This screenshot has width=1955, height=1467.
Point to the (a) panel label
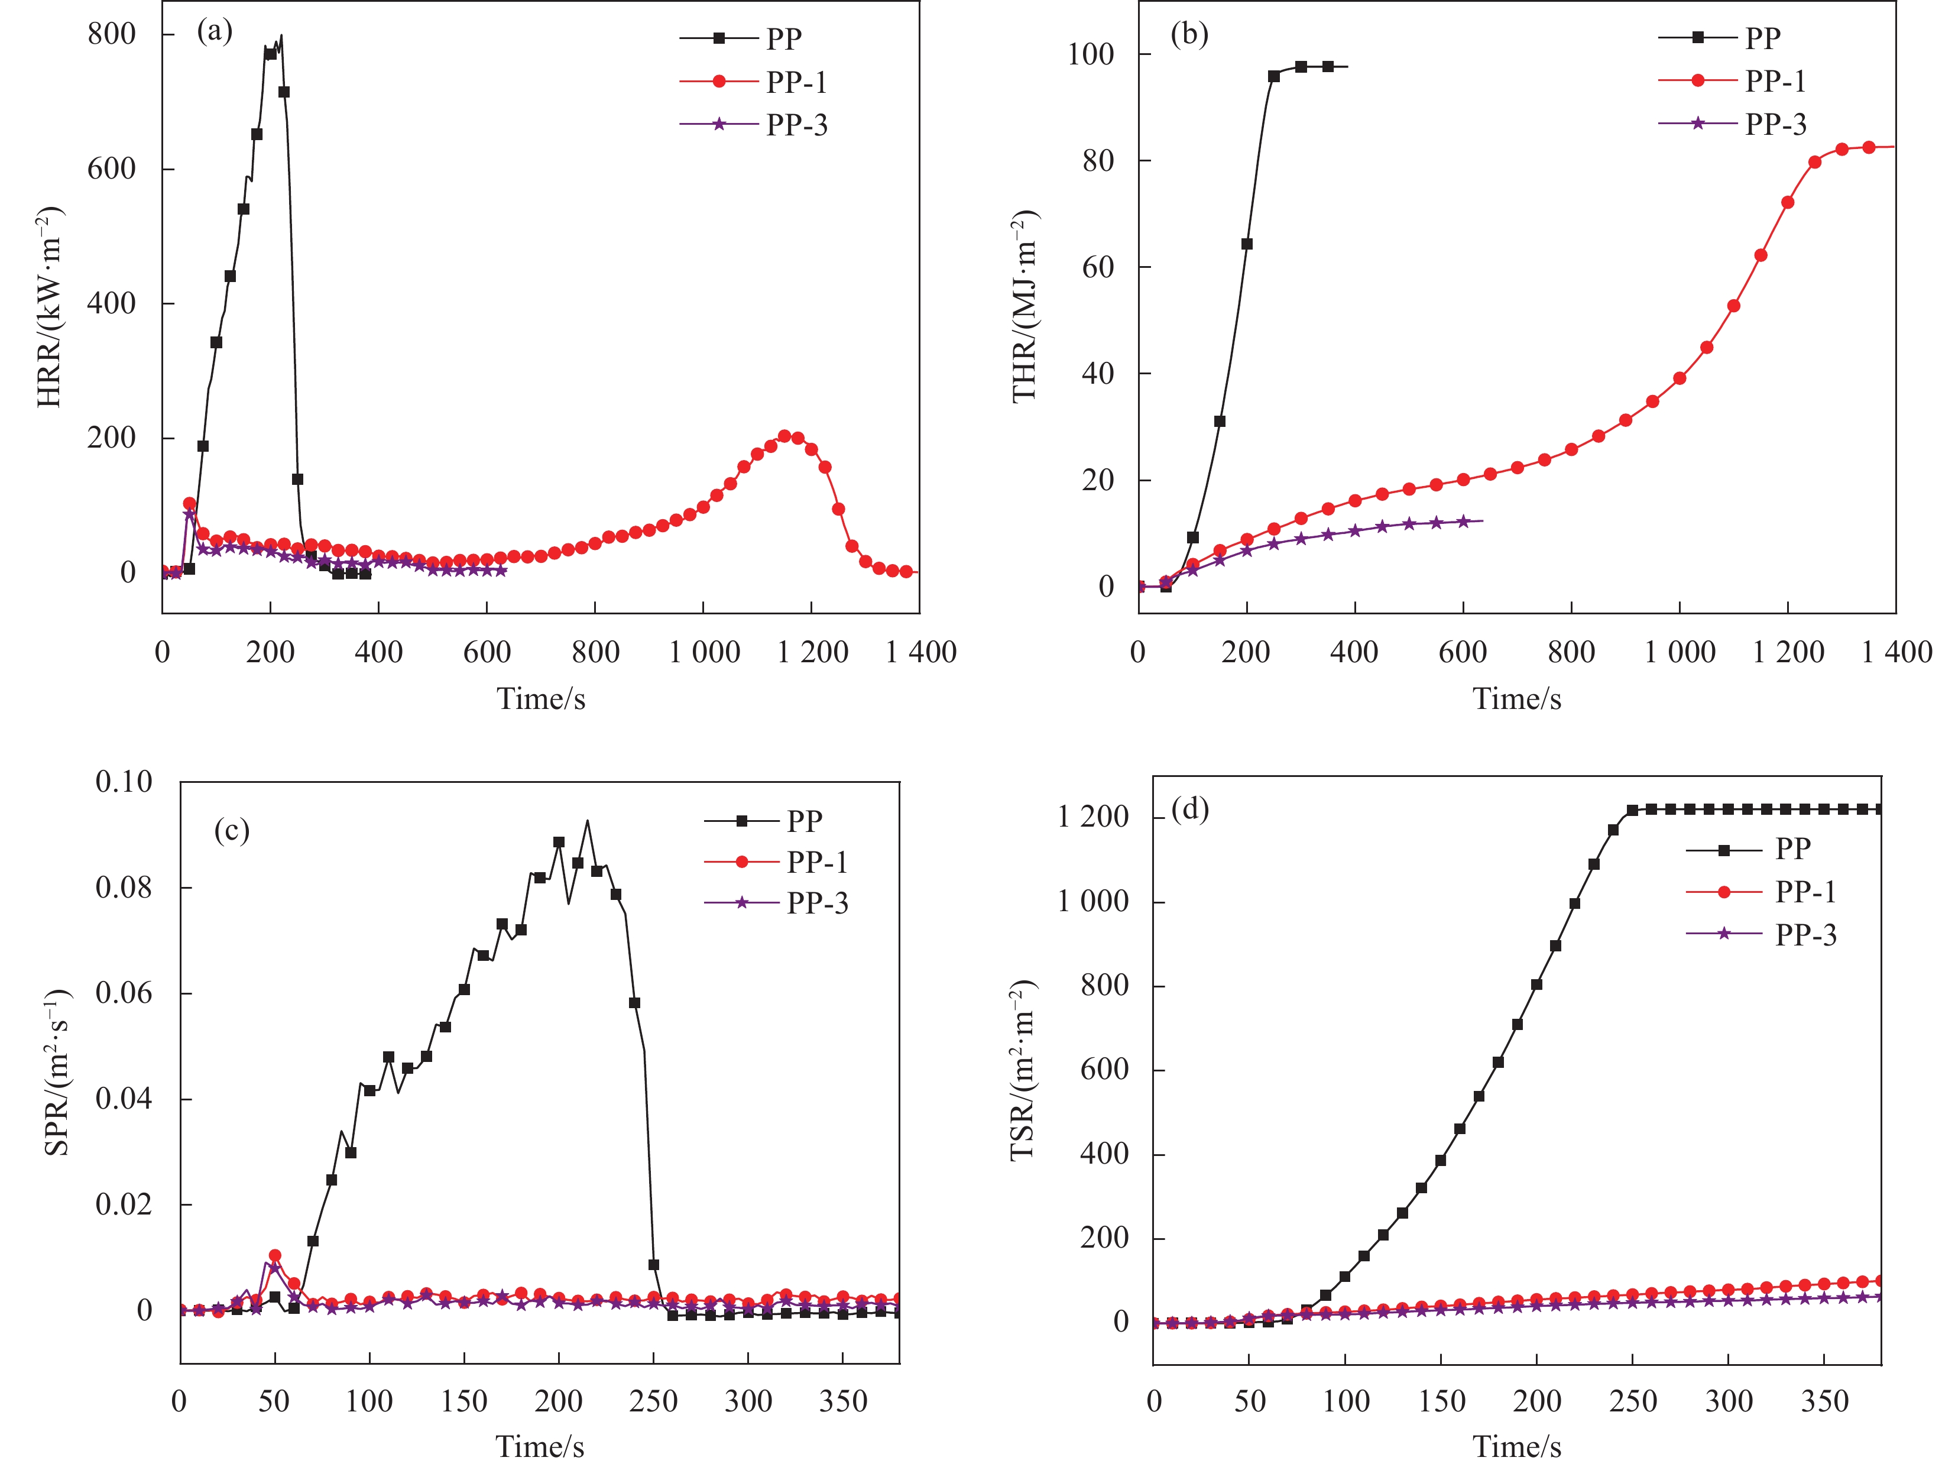pyautogui.click(x=215, y=32)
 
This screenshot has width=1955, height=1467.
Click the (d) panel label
pyautogui.click(x=1189, y=809)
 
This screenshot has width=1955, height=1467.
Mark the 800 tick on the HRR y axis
pyautogui.click(x=112, y=34)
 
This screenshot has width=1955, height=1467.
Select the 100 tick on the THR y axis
pyautogui.click(x=1091, y=55)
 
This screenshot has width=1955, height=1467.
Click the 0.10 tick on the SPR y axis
pyautogui.click(x=124, y=782)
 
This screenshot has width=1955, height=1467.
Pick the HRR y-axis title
pyautogui.click(x=50, y=307)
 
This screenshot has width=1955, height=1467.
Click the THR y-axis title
pyautogui.click(x=1024, y=307)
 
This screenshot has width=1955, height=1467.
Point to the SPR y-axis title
pyautogui.click(x=57, y=1073)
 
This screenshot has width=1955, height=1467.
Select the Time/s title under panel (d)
pyautogui.click(x=1516, y=1447)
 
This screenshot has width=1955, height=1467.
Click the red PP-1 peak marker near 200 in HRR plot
pyautogui.click(x=784, y=436)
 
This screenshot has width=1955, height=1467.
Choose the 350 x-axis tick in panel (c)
pyautogui.click(x=842, y=1401)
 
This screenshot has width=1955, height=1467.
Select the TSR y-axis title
pyautogui.click(x=1023, y=1070)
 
